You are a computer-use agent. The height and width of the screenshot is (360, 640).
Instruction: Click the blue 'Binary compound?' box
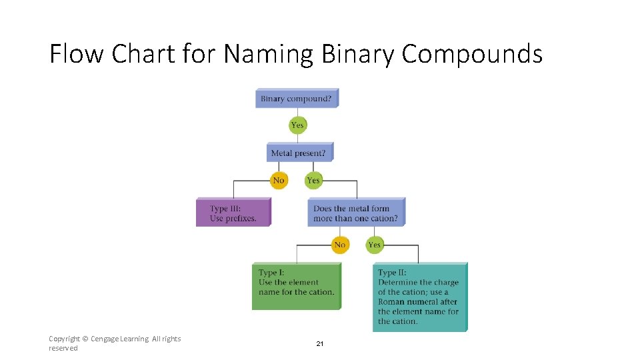[297, 99]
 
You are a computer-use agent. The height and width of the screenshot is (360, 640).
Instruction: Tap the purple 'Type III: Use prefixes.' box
[233, 213]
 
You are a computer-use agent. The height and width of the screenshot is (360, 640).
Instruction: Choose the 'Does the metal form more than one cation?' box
[356, 213]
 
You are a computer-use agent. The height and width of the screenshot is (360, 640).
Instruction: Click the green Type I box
[296, 286]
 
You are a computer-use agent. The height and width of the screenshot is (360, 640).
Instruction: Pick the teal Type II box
[419, 297]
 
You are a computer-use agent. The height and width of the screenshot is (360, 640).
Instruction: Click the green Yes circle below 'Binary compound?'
[297, 125]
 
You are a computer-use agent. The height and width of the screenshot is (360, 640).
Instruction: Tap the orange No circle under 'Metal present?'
[279, 180]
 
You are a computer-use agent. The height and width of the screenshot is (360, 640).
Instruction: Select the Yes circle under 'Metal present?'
[313, 180]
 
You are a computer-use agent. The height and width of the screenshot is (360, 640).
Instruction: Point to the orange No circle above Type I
[340, 245]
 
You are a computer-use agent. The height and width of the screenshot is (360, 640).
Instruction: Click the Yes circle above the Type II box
[375, 245]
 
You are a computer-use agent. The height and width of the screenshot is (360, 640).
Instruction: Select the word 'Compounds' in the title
[472, 54]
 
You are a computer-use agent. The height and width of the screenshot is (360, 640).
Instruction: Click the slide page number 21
[319, 343]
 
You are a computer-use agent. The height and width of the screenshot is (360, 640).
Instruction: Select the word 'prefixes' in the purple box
[241, 218]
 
